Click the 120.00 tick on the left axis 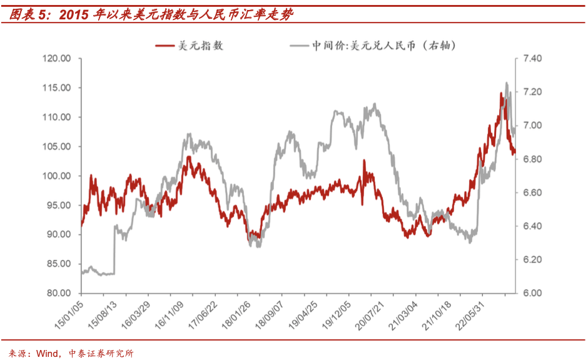click(x=57, y=58)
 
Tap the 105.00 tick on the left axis click(x=57, y=146)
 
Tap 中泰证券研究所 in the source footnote click(x=101, y=353)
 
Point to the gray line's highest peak click(x=506, y=82)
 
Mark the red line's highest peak click(x=502, y=93)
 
